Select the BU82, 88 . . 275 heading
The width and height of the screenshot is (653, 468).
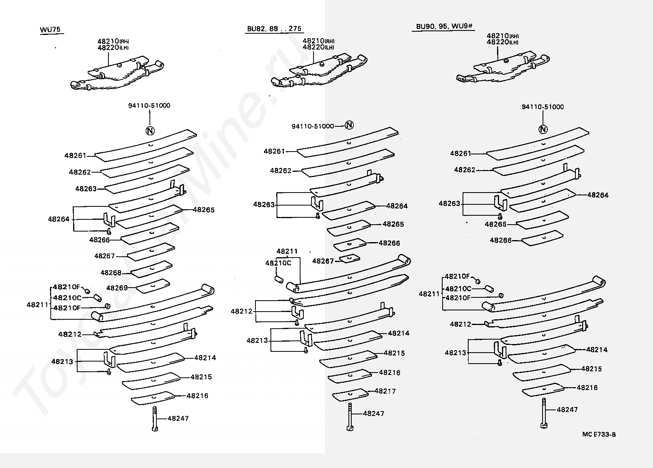pos(274,28)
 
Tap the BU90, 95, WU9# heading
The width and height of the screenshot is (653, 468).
pos(444,26)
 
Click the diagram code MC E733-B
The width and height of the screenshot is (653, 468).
pos(599,434)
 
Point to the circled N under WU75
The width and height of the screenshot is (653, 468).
pos(150,131)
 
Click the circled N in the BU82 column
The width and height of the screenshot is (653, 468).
pos(349,125)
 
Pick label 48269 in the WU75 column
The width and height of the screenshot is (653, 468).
pos(117,288)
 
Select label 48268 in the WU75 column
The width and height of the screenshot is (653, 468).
pos(111,273)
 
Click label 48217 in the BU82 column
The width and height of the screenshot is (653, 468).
pos(385,391)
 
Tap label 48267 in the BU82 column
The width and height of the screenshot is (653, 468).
pos(323,261)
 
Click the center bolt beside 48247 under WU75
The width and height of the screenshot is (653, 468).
pos(155,418)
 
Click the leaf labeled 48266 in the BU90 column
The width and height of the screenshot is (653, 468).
pos(543,238)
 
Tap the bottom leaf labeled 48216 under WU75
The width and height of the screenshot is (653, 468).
pos(153,398)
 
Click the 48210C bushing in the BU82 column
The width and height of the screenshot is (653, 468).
pos(279,280)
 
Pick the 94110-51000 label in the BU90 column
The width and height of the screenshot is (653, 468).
pos(543,107)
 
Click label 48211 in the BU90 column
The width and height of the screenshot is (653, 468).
pos(428,294)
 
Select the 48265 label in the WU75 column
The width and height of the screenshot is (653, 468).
pos(203,210)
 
